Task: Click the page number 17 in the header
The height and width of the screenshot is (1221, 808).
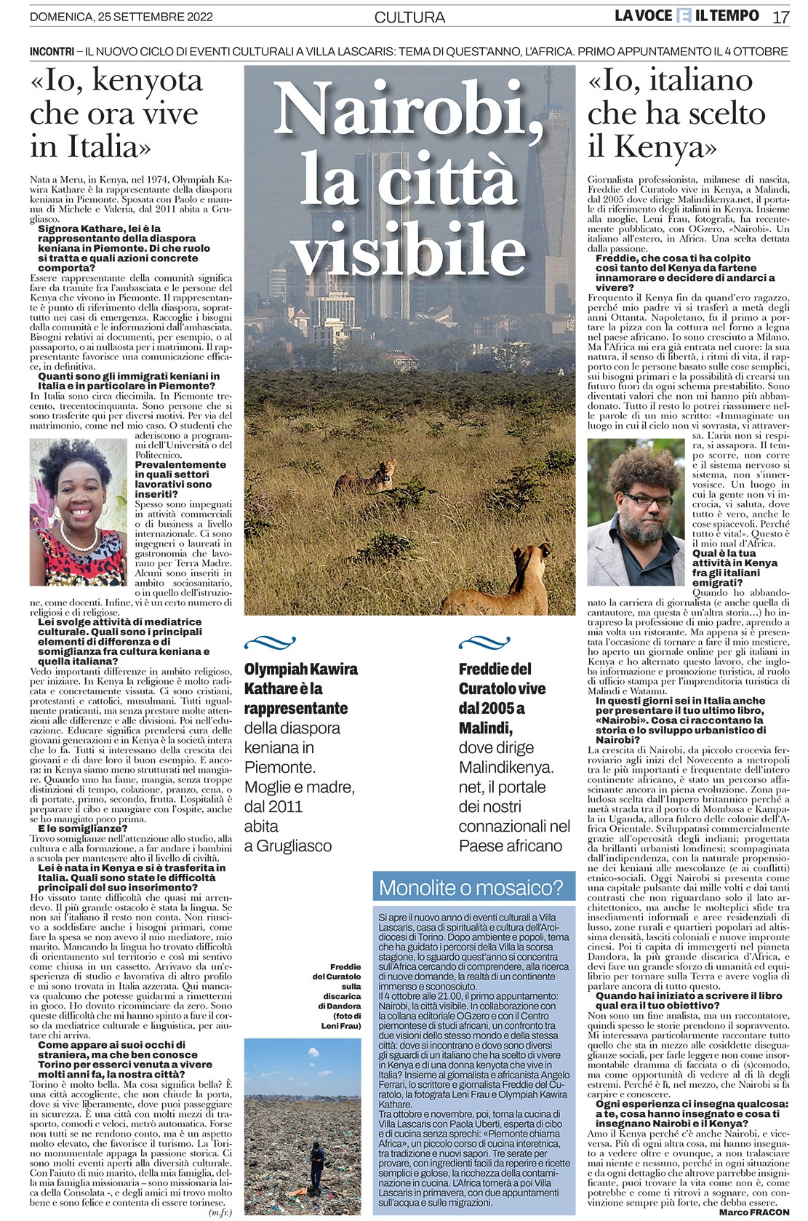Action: tap(780, 17)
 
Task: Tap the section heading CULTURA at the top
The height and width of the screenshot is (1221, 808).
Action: tap(409, 17)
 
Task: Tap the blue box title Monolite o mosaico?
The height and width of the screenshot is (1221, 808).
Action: tap(471, 888)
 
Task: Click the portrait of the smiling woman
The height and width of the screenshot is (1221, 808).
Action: tap(78, 511)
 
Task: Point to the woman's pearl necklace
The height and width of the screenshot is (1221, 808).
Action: tap(79, 542)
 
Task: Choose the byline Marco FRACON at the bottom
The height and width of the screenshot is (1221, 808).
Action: tap(754, 1212)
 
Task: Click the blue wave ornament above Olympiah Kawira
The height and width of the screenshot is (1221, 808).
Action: tap(270, 643)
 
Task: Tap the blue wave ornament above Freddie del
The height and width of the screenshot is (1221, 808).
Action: tap(484, 643)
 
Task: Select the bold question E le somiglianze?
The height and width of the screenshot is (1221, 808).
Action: tap(82, 828)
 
